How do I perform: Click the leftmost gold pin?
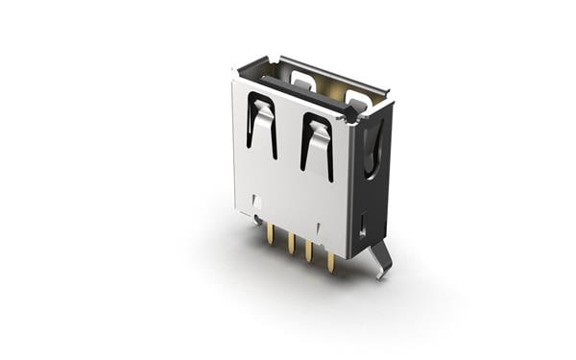[270, 236]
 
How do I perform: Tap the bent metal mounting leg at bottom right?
[381, 258]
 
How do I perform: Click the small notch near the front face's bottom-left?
[256, 203]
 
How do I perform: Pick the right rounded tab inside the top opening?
[357, 98]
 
